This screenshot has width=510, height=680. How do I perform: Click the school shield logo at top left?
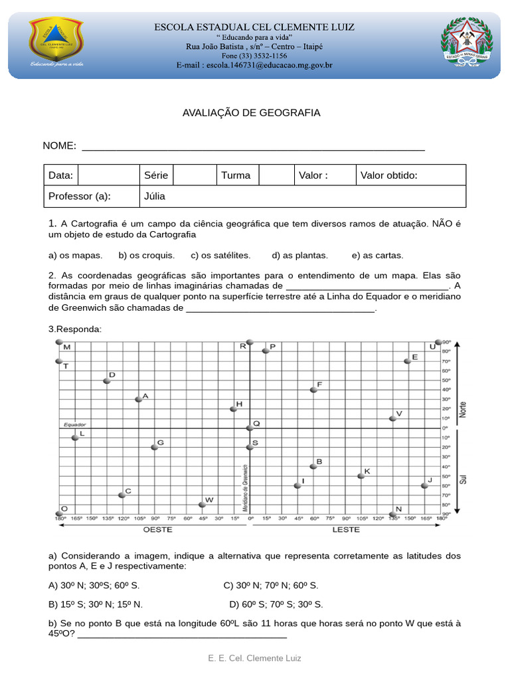coord(56,41)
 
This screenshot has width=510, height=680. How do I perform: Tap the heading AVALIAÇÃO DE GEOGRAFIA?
coord(251,113)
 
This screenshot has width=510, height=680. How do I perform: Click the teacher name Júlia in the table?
coord(154,197)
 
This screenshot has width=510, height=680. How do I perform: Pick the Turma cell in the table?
coord(236,176)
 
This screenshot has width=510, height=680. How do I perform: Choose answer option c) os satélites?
coord(220,255)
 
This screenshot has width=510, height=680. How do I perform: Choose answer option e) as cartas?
coord(378,255)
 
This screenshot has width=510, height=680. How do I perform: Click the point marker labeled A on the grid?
coord(139,399)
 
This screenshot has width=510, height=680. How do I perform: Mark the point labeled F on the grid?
coord(313,390)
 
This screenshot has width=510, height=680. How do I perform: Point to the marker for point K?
coord(361,475)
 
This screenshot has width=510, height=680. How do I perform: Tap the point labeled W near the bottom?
coord(203,504)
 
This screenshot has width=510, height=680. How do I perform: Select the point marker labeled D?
coord(107,381)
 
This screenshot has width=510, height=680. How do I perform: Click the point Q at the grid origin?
coord(250,428)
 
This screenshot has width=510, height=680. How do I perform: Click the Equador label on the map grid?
coord(75,424)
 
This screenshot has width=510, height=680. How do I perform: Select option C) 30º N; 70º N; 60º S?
coord(271,586)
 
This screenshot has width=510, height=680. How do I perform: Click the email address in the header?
coord(254,66)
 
